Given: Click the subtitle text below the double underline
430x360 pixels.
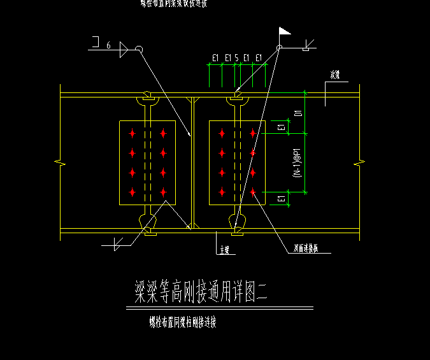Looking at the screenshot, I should pos(183,322).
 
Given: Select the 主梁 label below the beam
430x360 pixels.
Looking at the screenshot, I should pos(224,250).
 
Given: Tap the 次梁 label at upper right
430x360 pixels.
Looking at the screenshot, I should pos(335,75).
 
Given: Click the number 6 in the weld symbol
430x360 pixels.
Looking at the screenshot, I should pos(108,45).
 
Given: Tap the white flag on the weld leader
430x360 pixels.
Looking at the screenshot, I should pos(284,31).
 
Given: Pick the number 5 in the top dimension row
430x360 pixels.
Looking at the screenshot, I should pos(236,59).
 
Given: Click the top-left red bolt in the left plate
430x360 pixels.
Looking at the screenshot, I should pos(132,133).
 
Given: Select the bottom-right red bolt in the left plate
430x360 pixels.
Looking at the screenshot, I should pos(164,192).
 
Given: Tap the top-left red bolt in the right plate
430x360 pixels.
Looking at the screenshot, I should pos(222,133).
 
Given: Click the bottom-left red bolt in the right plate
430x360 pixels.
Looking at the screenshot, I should pos(222,192).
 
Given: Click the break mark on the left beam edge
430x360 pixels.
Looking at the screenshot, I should pos(60,164).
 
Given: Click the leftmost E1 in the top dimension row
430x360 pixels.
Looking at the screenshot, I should pos(215,59).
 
